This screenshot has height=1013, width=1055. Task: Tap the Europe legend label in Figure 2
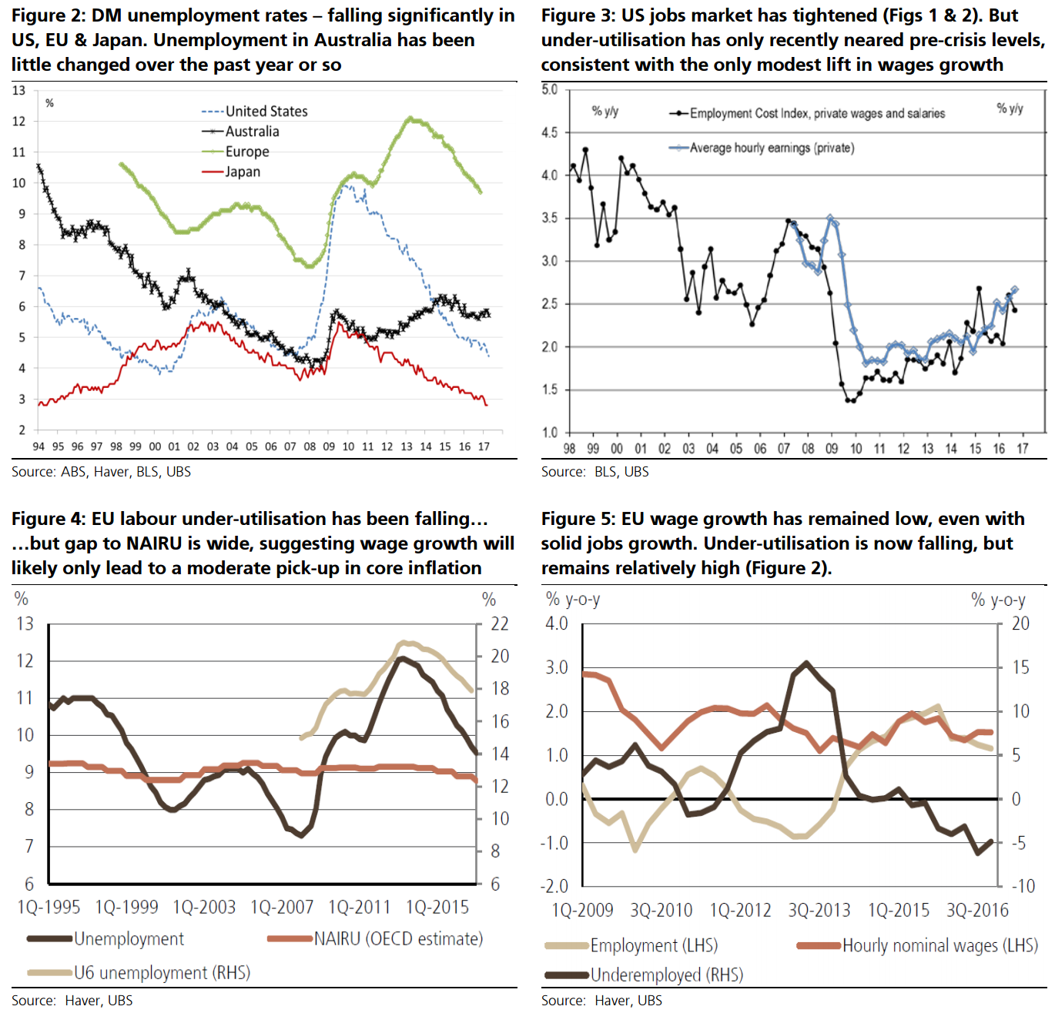[x=246, y=152]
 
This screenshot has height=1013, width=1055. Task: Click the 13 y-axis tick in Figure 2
[x=18, y=91]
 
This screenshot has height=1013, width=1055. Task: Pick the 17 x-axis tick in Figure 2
[x=484, y=446]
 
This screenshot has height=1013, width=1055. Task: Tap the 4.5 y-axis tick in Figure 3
[x=549, y=132]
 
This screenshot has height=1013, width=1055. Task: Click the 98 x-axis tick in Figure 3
[x=569, y=449]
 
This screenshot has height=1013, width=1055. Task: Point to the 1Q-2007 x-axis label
[x=282, y=908]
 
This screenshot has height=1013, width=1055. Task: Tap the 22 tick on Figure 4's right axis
[x=500, y=624]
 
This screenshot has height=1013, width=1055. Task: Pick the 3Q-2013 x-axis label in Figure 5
[x=819, y=911]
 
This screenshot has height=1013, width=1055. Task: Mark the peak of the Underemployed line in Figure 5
[x=805, y=662]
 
